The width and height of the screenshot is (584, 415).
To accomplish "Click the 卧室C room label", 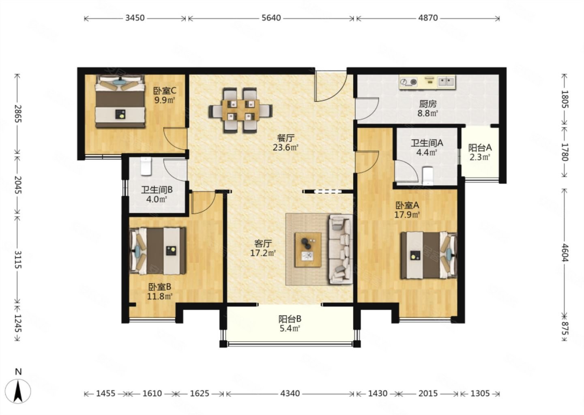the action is pyautogui.click(x=165, y=91).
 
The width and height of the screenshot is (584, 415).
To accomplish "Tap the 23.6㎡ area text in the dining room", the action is pyautogui.click(x=286, y=148).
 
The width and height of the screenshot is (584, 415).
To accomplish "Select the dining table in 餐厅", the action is pyautogui.click(x=240, y=110).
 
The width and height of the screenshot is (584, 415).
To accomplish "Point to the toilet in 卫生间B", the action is pyautogui.click(x=146, y=166).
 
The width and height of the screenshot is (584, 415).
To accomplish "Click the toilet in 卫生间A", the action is pyautogui.click(x=427, y=176).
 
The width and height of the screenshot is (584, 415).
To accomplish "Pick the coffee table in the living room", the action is pyautogui.click(x=308, y=250).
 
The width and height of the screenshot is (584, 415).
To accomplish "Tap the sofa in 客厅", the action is pyautogui.click(x=340, y=249).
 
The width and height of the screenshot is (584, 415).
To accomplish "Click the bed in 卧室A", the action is pyautogui.click(x=429, y=255).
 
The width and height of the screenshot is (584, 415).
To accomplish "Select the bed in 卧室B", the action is pyautogui.click(x=158, y=251).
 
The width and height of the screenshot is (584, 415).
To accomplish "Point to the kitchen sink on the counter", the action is pyautogui.click(x=447, y=81).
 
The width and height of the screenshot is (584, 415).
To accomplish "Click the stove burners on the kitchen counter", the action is pyautogui.click(x=408, y=82).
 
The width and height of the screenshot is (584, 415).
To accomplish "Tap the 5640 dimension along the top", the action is pyautogui.click(x=271, y=18).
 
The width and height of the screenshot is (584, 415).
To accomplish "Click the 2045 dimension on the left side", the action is pyautogui.click(x=18, y=185).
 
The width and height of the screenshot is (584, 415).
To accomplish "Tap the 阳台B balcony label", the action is pyautogui.click(x=290, y=319).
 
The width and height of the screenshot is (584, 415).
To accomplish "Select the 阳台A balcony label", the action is pyautogui.click(x=480, y=148).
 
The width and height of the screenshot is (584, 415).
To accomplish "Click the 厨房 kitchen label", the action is pyautogui.click(x=428, y=104).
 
